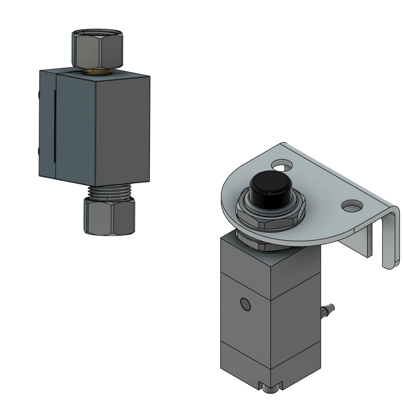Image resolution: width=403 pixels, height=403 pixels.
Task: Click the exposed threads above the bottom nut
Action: [x=109, y=192]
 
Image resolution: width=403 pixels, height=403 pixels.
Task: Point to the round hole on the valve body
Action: [x=246, y=305]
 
